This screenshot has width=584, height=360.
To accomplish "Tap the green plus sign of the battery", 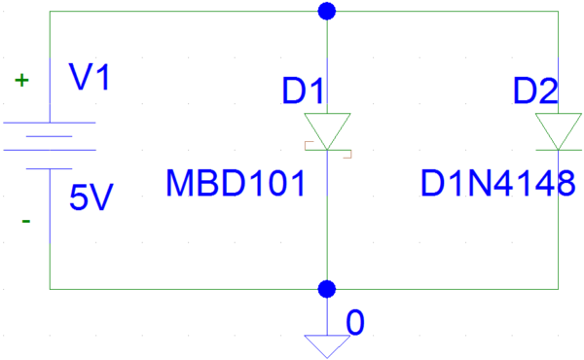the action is coord(20,82).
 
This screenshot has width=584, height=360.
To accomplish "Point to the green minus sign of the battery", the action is coord(25,221).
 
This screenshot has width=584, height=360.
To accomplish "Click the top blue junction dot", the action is coord(328,11).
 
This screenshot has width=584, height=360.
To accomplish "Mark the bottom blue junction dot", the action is coord(328,289).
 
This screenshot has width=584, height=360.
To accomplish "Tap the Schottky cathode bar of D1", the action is coord(328,149).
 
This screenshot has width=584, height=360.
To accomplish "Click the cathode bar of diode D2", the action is coord(560,149).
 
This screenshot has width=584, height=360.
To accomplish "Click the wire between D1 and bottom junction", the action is coord(328,224).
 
